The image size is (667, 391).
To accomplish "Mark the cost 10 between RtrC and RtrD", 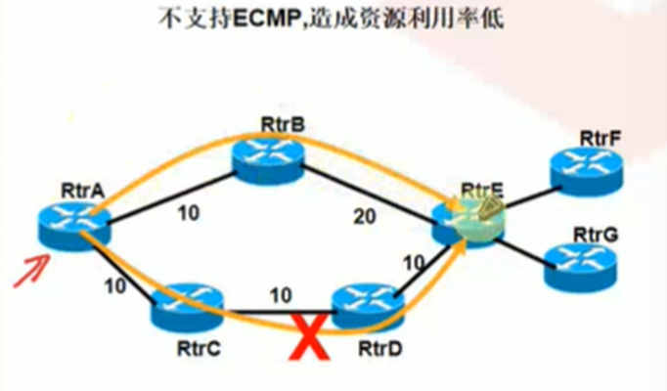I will point(281,294).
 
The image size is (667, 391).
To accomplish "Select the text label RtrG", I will point(596,235).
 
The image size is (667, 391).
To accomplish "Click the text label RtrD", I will point(379,347).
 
